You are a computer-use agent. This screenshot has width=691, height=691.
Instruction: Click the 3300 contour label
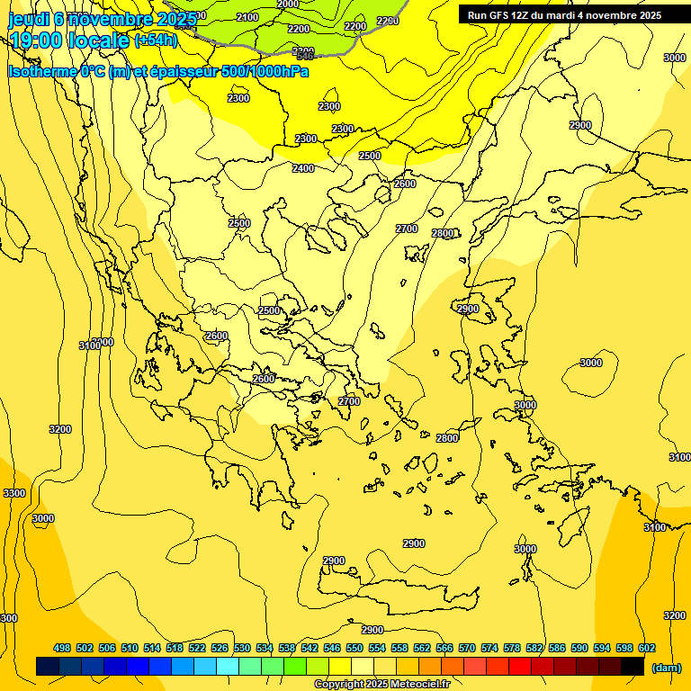pos(14,493)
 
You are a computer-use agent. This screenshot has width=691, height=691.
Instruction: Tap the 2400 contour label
pos(303,168)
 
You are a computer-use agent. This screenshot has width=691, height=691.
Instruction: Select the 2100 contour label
pos(247,17)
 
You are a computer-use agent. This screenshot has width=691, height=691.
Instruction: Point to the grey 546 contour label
pos(305,57)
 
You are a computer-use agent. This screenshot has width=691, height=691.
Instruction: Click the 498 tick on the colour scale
pos(62,648)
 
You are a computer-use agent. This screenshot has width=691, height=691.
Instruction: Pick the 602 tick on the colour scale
pos(647,648)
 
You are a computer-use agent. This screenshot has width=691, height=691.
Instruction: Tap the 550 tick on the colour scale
pos(354,648)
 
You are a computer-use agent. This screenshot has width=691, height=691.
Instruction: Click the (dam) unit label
pos(666,668)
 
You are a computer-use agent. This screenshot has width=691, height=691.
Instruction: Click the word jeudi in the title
pos(29,18)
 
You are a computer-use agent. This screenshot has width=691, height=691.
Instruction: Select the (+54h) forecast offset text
pos(156,40)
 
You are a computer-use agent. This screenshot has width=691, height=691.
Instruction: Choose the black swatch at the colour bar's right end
pos(633,667)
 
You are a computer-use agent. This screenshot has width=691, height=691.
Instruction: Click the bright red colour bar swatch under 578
pos(520,667)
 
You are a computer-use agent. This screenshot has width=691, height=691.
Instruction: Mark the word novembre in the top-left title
pos(112,18)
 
